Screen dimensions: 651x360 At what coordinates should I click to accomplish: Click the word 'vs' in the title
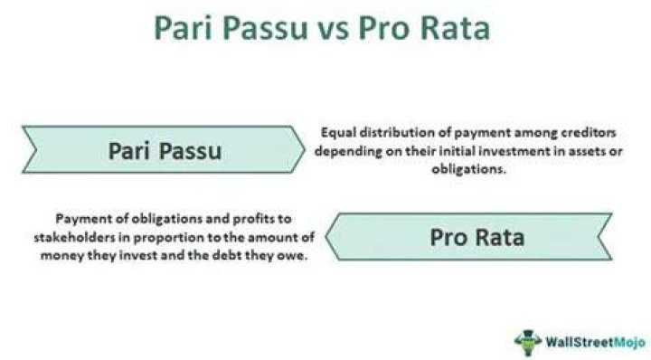coord(334,30)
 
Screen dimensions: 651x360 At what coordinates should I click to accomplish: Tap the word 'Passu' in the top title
coord(265,28)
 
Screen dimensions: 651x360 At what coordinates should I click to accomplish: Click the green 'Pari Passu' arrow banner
coord(164,149)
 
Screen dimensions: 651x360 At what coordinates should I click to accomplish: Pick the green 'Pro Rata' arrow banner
coord(468,237)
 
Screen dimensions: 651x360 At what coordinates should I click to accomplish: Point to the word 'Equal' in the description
coord(339,133)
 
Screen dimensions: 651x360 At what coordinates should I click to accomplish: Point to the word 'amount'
coord(278,238)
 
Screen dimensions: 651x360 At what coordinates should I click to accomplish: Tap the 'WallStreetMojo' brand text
coord(595,342)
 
